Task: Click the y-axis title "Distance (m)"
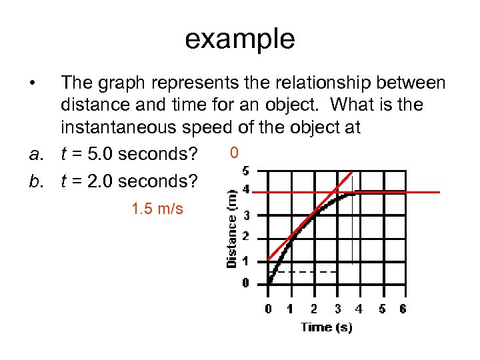tap(232, 228)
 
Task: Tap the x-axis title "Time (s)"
tap(327, 327)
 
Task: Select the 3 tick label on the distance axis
tap(245, 215)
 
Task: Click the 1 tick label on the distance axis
tap(245, 261)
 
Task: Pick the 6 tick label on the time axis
tap(402, 309)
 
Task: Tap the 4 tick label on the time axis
tap(359, 309)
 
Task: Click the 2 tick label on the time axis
tap(313, 309)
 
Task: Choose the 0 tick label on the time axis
tap(268, 309)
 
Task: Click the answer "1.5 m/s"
tap(157, 209)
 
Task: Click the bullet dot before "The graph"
tap(31, 83)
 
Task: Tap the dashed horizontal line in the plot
tap(307, 272)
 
